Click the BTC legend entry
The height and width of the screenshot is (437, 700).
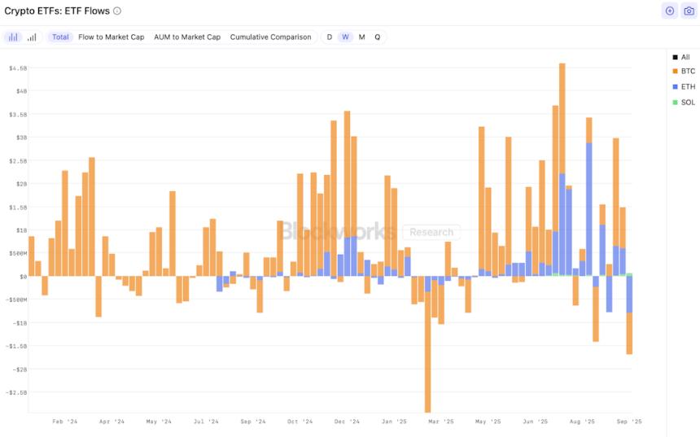pyautogui.click(x=688, y=72)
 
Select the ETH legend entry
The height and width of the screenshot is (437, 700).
pyautogui.click(x=688, y=86)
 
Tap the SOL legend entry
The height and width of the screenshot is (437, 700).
pyautogui.click(x=688, y=102)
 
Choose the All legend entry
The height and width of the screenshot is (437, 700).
pyautogui.click(x=685, y=57)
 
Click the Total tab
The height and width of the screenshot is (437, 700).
pyautogui.click(x=60, y=37)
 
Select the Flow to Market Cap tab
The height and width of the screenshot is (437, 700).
pyautogui.click(x=111, y=37)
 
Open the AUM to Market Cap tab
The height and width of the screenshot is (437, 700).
pyautogui.click(x=187, y=37)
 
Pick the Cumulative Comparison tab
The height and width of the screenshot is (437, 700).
pyautogui.click(x=270, y=37)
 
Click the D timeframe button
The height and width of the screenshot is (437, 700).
pyautogui.click(x=330, y=37)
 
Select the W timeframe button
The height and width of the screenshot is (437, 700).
pyautogui.click(x=345, y=37)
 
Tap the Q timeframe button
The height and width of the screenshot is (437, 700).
pyautogui.click(x=377, y=37)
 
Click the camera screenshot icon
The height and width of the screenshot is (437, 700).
pyautogui.click(x=689, y=11)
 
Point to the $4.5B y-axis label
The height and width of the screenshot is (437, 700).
pyautogui.click(x=18, y=68)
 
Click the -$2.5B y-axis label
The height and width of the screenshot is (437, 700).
pyautogui.click(x=17, y=392)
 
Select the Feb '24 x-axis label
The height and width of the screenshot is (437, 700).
pyautogui.click(x=64, y=422)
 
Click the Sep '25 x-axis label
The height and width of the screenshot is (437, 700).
pyautogui.click(x=628, y=422)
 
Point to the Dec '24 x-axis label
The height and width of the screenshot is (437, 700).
pyautogui.click(x=347, y=422)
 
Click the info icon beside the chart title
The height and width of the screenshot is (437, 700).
pyautogui.click(x=117, y=11)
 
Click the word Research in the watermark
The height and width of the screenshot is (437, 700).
pyautogui.click(x=431, y=232)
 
